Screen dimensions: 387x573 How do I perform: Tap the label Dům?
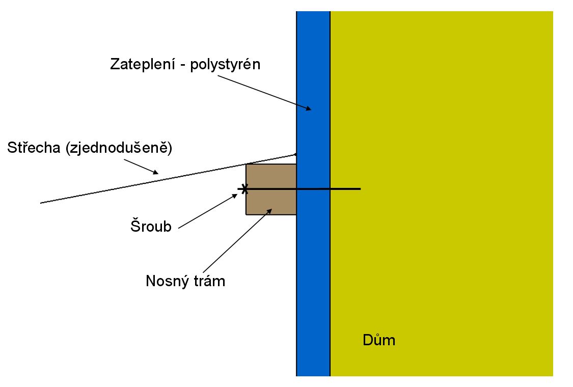(x=378, y=340)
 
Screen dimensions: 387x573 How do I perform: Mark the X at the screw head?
(x=244, y=189)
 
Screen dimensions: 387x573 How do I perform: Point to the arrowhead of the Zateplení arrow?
(x=308, y=108)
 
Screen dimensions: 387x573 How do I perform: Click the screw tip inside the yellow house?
(x=360, y=189)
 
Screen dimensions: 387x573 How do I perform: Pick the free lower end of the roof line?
(x=41, y=203)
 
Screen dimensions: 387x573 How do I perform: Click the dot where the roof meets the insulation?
(x=296, y=153)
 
